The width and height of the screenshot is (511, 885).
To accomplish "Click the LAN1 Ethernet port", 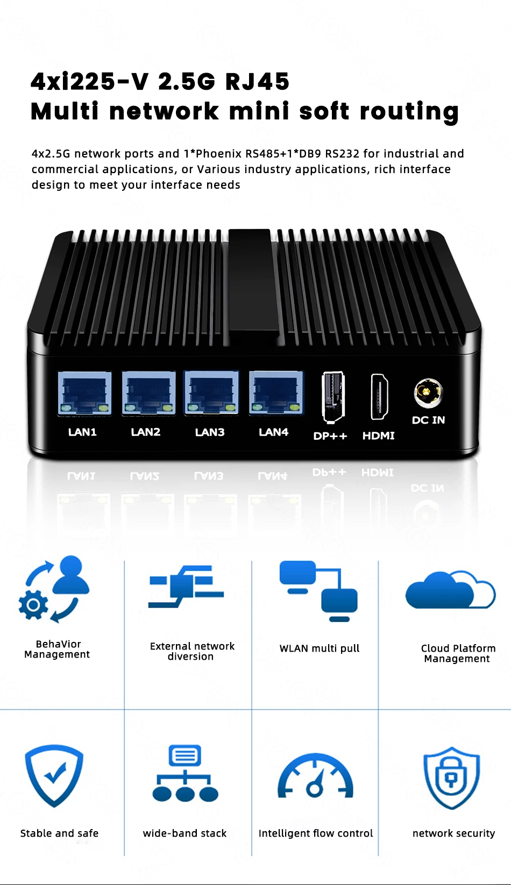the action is (x=84, y=393).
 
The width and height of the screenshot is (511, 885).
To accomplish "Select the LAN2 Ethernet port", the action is (x=148, y=393).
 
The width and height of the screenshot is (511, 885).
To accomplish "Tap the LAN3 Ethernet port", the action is (x=211, y=393).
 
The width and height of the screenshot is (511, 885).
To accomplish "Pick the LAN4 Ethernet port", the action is (x=276, y=393).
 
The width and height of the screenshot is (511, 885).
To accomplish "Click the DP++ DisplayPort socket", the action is (x=333, y=397).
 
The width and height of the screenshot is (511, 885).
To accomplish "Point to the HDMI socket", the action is (x=379, y=397).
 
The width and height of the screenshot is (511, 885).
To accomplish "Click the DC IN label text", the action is (x=428, y=420).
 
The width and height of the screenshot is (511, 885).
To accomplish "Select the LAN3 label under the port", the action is (x=210, y=432).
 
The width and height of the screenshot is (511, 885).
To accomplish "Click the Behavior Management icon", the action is (x=54, y=590).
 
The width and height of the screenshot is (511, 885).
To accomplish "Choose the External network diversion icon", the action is (x=186, y=587).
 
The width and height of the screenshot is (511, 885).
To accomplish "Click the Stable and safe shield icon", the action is (x=54, y=775).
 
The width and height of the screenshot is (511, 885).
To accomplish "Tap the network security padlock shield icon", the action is (x=451, y=777).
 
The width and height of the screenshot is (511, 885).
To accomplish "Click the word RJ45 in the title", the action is (x=257, y=82).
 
